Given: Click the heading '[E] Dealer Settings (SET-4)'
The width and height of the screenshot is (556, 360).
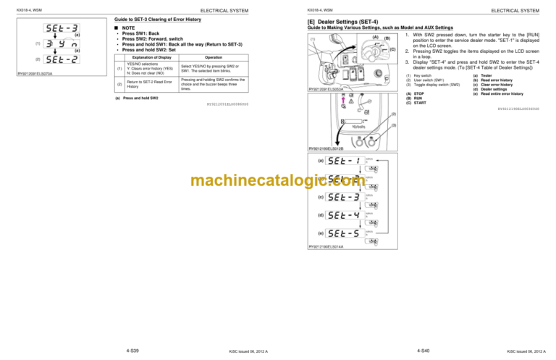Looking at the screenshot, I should [x=349, y=22].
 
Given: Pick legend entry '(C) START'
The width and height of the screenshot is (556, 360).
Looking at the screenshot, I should [x=418, y=102].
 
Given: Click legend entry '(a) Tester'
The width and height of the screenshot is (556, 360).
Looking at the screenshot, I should [x=486, y=75].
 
